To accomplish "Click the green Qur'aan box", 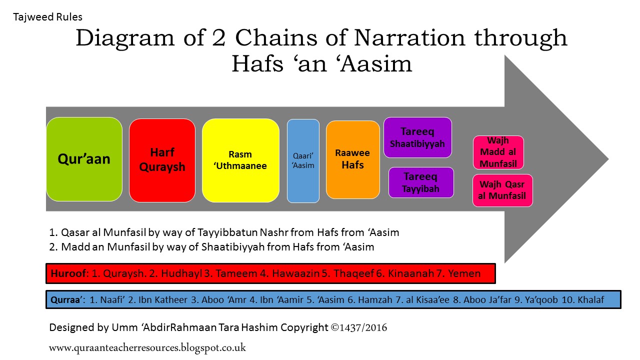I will coord(84,159).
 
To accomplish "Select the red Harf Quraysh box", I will coord(162,160).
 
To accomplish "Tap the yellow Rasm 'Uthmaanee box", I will coord(240,160).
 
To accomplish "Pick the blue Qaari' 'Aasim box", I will coord(303,160).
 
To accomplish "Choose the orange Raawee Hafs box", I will coord(352,159).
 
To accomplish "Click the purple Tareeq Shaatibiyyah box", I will coord(417,137).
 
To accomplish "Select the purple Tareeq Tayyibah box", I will coord(421,182).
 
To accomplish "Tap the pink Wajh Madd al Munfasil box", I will coord(498,152).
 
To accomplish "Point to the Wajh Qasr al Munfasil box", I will coord(502,190).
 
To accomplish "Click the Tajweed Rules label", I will coord(47,17).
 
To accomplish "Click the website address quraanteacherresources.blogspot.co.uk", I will coord(147,347).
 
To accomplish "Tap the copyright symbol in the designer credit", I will coord(335,328).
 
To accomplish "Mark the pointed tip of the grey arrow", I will coord(608,159).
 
